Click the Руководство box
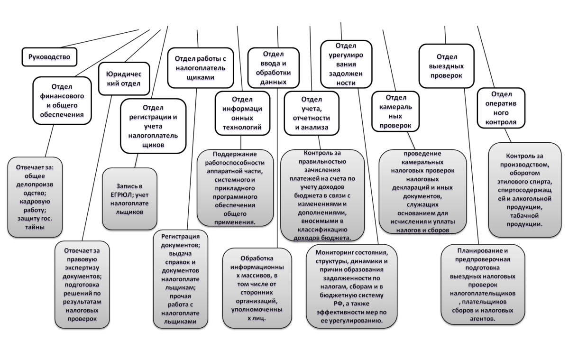click(49, 57)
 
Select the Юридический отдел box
click(123, 79)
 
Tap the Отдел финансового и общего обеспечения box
click(62, 100)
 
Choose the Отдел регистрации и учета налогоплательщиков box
click(153, 126)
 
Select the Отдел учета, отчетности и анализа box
click(312, 113)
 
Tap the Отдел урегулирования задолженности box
click(346, 64)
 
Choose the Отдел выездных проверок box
click(446, 66)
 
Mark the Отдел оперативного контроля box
click(501, 108)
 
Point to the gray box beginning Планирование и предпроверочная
click(483, 285)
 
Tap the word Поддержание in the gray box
click(235, 154)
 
